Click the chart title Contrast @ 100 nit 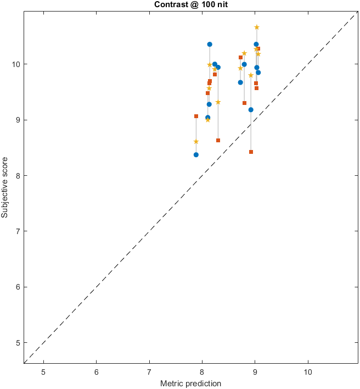point(180,4)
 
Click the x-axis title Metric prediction point(190,384)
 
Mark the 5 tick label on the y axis point(17,343)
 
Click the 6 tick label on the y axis point(17,287)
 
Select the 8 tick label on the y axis point(17,176)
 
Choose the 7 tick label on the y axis point(17,231)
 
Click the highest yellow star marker point(257,27)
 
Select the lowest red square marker point(251,152)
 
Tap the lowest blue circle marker point(196,155)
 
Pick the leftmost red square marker point(196,116)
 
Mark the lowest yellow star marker point(196,142)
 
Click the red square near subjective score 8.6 point(218,140)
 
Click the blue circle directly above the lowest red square point(251,110)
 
